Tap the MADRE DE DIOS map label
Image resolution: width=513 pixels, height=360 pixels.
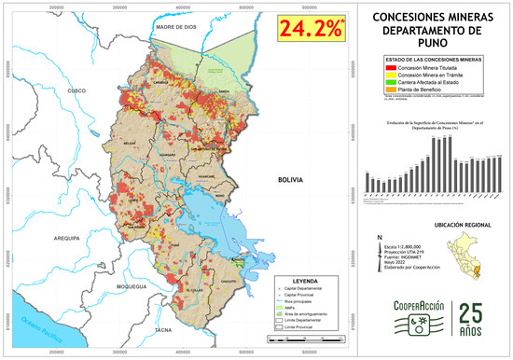(180, 29)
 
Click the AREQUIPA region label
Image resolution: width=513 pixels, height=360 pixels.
(70, 239)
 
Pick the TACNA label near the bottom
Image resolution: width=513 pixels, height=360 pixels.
(164, 329)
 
